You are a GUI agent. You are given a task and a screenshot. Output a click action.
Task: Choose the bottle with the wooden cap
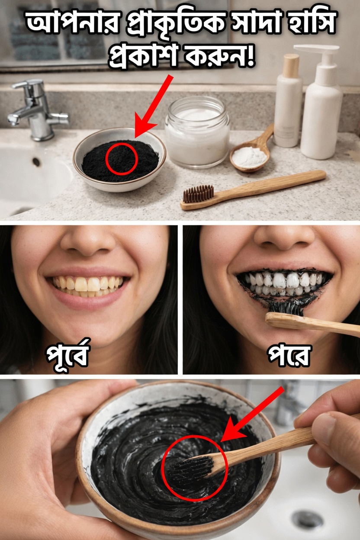(x=288, y=102)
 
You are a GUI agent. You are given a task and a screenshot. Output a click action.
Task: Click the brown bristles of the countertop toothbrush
(x=198, y=193)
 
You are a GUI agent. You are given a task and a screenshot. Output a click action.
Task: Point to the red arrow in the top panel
(x=154, y=106)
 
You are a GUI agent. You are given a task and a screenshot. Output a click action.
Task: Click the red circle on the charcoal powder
(x=122, y=159)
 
